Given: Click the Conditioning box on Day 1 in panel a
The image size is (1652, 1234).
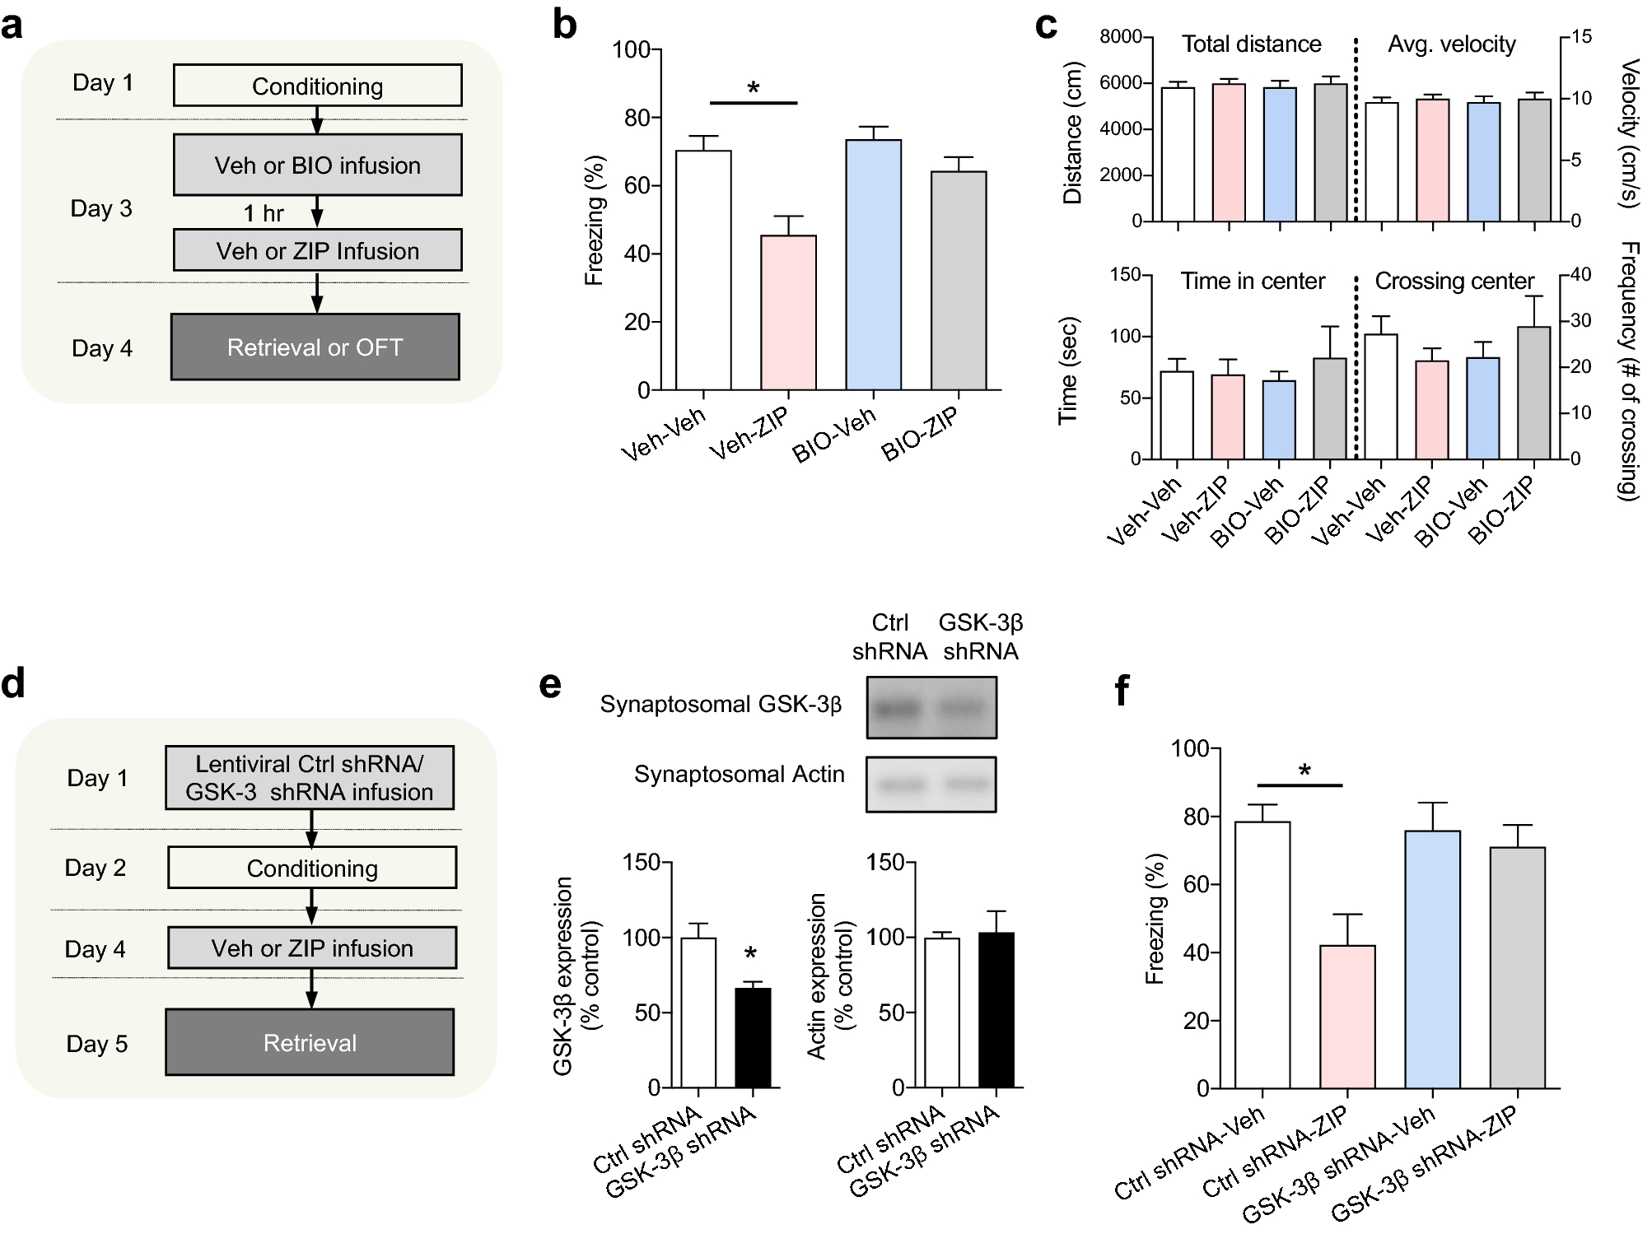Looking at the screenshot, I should coord(317,86).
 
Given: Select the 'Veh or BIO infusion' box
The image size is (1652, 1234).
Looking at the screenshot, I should coord(317,165).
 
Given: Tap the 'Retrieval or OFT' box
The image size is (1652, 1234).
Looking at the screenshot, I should coord(315,347).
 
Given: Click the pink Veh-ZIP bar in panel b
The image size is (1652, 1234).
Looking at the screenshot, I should coord(788,313).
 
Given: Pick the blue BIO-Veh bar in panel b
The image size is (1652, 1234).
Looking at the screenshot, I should coord(873,265).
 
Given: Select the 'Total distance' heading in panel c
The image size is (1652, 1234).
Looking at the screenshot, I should coord(1251,44).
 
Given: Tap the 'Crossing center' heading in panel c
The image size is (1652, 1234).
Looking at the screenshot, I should coord(1454,282).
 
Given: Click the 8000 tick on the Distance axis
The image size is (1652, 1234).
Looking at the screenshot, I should coord(1121,36).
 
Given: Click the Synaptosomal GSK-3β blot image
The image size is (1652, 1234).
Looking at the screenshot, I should coord(931,707).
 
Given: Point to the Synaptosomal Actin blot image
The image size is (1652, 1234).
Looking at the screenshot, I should coord(931,784).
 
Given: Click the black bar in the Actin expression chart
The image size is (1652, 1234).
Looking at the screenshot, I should coord(996,1010).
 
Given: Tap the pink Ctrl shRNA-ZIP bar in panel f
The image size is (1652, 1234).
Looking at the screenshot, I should coord(1347,1017).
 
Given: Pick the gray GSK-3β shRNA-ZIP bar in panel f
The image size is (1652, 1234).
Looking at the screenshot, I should coord(1517,967).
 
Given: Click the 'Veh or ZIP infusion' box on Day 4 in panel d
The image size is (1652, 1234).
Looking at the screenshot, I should coord(312,948).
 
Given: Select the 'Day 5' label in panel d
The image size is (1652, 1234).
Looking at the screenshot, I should coord(97,1044).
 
